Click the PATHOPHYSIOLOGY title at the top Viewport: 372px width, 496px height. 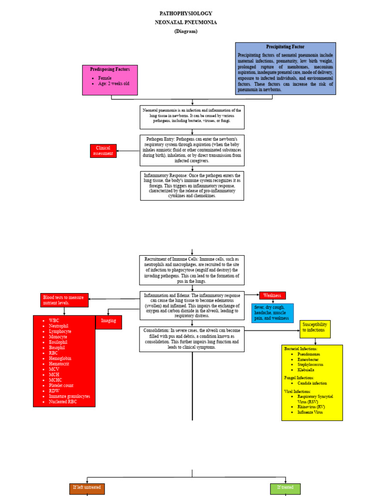[x=186, y=14]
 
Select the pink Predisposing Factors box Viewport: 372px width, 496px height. [x=110, y=80]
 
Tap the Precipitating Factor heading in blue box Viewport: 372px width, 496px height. [x=285, y=47]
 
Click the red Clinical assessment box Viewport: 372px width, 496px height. [x=103, y=151]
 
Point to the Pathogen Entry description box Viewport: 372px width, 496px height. [x=192, y=150]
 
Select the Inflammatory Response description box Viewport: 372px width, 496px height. [x=192, y=186]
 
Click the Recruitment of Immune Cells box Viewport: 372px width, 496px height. [x=192, y=270]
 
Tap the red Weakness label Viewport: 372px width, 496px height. [x=272, y=295]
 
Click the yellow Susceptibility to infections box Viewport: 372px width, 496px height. [x=315, y=329]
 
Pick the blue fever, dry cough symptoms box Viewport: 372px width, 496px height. [x=272, y=312]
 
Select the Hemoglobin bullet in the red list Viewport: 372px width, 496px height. [x=61, y=358]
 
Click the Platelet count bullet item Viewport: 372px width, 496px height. [x=61, y=386]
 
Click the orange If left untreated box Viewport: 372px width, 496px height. [x=87, y=488]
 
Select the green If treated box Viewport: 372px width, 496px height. [x=285, y=488]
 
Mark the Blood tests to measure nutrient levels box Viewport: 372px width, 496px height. [x=64, y=300]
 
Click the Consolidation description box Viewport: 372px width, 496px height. [x=192, y=339]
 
